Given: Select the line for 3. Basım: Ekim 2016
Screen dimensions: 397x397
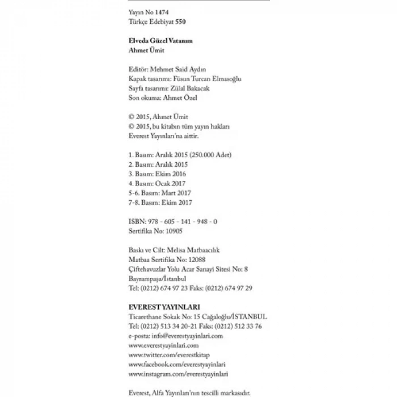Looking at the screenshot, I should click(157, 174).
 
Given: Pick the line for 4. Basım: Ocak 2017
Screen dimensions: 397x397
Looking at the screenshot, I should click(157, 183).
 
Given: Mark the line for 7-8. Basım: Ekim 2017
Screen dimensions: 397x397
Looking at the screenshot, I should click(161, 202).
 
